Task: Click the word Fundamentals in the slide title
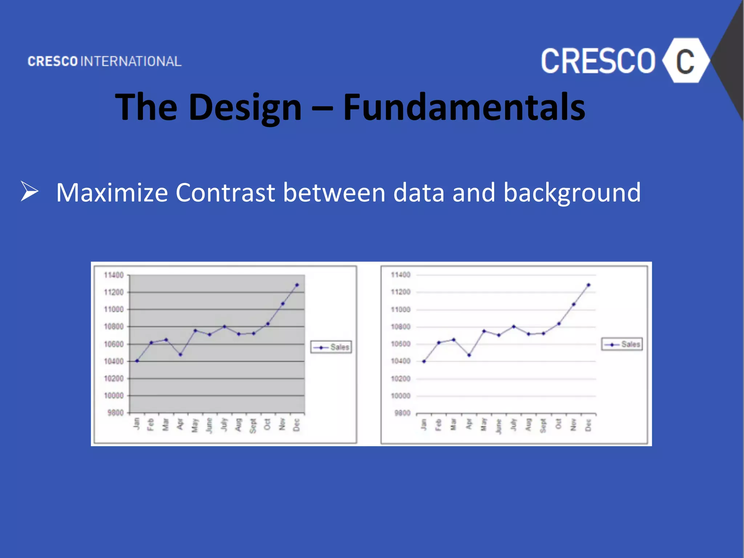point(464,107)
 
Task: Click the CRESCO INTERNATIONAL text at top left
point(105,61)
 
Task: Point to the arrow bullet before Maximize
point(29,191)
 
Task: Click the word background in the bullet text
point(572,193)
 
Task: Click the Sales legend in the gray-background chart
point(331,347)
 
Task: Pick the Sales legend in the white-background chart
point(622,344)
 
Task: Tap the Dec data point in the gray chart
point(297,285)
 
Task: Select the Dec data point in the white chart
point(589,285)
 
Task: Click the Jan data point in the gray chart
point(137,361)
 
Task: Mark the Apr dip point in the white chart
point(469,355)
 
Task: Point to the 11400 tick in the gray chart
point(114,275)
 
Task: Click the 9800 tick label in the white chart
point(402,413)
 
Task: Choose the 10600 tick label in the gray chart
point(114,344)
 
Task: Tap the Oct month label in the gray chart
point(267,424)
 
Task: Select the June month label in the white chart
point(498,426)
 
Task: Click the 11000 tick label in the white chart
point(400,310)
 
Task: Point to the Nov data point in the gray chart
point(283,304)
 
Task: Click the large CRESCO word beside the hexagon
point(598,61)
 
